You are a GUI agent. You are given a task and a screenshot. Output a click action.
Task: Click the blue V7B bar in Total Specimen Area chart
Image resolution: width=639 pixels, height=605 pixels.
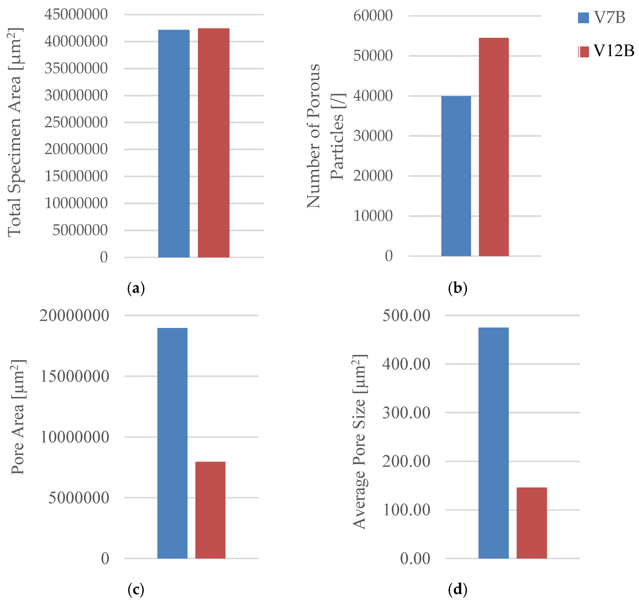174,143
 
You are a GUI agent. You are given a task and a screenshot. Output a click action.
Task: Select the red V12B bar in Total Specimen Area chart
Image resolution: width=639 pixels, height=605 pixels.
213,143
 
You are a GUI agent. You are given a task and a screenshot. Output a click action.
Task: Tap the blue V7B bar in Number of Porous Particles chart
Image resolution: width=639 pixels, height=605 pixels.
456,176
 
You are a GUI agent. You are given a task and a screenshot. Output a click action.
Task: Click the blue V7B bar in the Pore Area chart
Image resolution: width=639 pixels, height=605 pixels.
172,443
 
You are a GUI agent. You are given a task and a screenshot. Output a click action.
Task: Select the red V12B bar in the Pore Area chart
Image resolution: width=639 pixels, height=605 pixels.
210,510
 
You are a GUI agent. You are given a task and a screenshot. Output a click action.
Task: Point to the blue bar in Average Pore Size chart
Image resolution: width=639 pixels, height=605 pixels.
493,443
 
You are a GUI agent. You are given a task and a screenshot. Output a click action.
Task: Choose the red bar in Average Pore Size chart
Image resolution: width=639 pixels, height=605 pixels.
532,523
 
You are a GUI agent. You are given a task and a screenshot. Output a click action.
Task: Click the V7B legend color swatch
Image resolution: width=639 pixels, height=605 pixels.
583,18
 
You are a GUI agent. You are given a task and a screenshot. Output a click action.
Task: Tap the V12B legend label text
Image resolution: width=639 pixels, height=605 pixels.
613,51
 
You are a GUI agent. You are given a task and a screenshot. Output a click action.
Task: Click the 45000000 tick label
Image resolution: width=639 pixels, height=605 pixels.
76,15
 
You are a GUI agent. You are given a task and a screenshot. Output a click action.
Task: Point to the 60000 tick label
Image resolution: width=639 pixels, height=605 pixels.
373,16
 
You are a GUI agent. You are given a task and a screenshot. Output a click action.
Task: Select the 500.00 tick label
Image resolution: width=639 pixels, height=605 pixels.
406,315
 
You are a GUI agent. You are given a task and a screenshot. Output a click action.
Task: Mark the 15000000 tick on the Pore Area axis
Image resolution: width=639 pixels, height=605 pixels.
74,376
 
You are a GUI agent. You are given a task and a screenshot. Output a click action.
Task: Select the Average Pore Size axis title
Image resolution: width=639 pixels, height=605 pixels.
359,442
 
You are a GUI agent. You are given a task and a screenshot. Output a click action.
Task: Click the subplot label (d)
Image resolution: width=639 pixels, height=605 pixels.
458,590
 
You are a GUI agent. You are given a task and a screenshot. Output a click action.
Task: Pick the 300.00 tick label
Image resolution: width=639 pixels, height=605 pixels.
406,413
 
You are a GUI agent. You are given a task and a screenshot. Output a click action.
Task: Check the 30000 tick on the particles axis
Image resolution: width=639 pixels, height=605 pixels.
373,136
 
